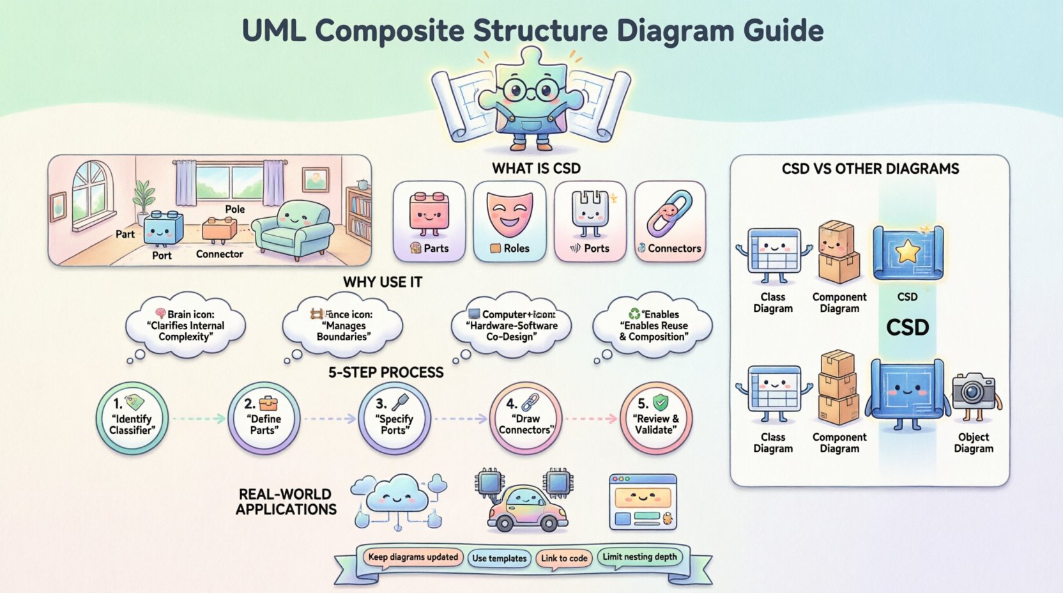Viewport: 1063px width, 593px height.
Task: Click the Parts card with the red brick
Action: [429, 221]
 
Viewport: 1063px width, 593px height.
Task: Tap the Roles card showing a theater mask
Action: [509, 221]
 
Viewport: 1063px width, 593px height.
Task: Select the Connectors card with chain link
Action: [669, 221]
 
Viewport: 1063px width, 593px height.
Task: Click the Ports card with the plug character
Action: [590, 221]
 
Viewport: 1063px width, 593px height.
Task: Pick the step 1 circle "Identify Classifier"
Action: [132, 419]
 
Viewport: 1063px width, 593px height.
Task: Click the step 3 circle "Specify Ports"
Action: [394, 419]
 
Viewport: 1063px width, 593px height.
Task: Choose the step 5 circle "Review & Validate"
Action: [656, 419]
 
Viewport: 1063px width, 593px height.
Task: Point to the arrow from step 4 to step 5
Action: [592, 419]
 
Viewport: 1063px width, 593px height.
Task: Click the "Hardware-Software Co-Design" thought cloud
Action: [510, 325]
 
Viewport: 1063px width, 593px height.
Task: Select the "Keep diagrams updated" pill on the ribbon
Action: [413, 557]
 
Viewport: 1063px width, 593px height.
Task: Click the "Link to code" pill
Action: [564, 558]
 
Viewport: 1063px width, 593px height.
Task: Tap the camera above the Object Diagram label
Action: [974, 390]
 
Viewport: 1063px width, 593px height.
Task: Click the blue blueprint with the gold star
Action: [908, 253]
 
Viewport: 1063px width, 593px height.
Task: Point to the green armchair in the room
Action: [292, 229]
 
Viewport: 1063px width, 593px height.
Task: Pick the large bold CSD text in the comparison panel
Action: [907, 328]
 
